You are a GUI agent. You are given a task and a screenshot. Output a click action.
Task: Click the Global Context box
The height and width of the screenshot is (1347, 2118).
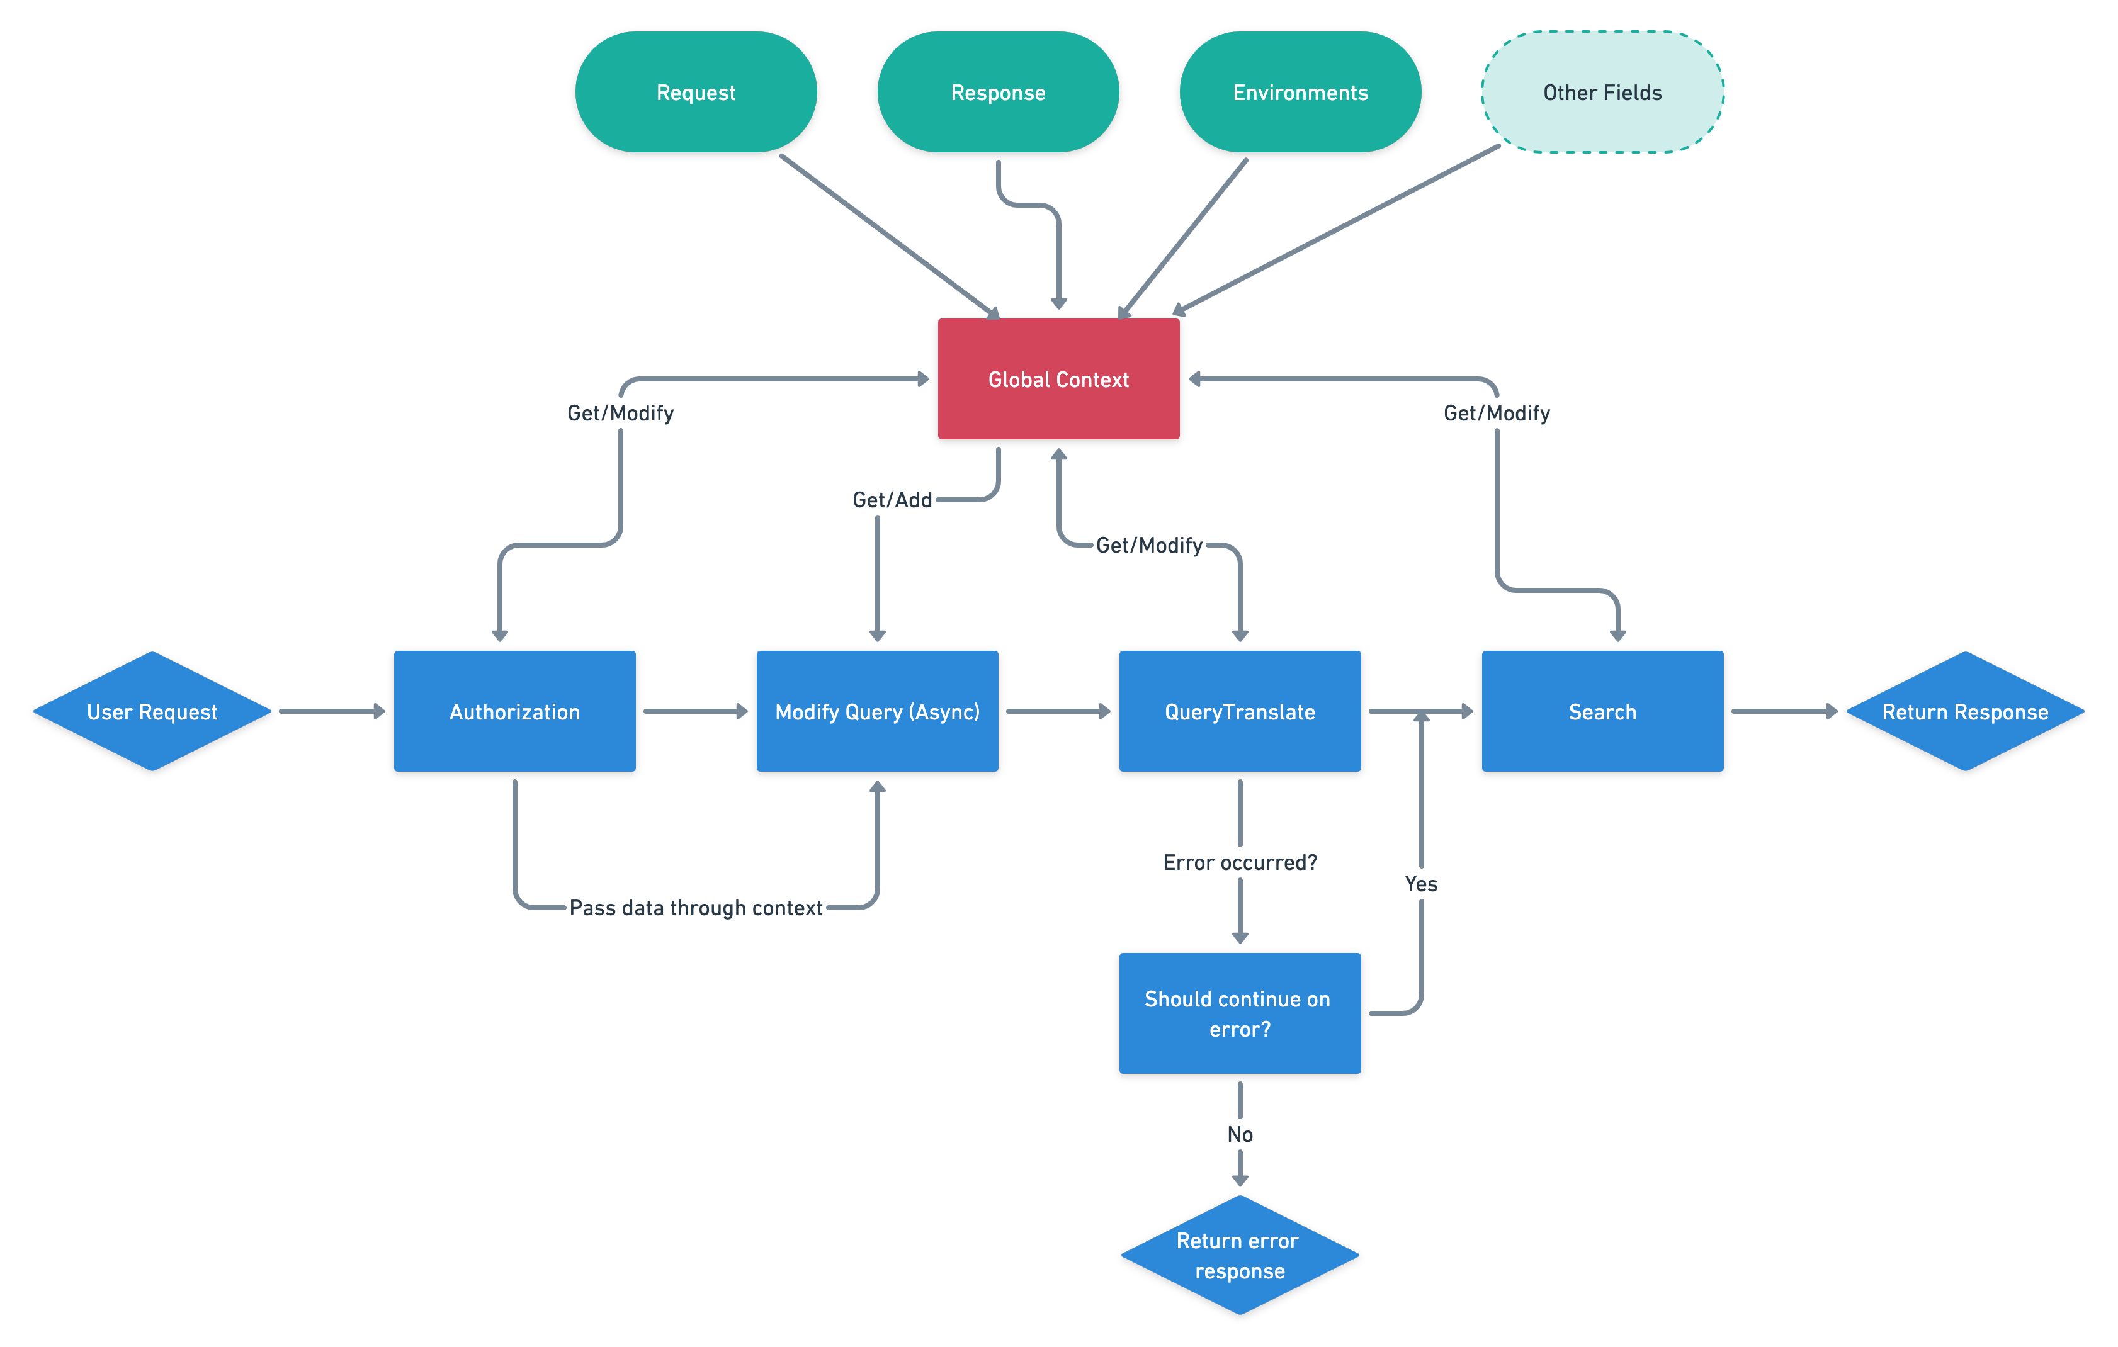coord(1058,379)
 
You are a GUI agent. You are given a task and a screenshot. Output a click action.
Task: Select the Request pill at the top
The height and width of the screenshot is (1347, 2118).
coord(696,93)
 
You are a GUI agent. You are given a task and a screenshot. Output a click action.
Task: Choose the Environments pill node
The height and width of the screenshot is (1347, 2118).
coord(1300,93)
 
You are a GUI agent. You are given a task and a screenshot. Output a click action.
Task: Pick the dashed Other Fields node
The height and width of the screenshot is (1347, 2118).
coord(1602,93)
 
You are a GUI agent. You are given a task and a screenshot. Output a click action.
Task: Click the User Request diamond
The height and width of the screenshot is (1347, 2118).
coord(152,711)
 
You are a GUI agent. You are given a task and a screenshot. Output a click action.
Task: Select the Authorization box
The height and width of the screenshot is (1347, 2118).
coord(514,711)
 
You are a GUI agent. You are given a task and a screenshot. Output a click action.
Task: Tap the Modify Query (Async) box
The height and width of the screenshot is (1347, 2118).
coord(877,711)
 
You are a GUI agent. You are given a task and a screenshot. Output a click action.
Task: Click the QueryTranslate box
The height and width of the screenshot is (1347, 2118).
coord(1239,711)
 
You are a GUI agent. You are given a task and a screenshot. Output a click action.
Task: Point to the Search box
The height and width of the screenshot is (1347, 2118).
coord(1602,711)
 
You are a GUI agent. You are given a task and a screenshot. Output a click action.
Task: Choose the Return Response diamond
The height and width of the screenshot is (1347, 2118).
coord(1965,711)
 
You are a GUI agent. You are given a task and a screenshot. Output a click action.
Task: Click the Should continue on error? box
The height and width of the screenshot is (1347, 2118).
coord(1239,1013)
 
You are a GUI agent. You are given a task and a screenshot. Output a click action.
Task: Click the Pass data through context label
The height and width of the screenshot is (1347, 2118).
coord(696,908)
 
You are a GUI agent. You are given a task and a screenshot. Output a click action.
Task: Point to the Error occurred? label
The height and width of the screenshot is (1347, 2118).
coord(1239,862)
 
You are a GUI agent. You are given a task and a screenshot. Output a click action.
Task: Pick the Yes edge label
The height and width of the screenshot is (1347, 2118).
coord(1420,884)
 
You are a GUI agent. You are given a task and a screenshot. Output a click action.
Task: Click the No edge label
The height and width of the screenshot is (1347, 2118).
coord(1239,1134)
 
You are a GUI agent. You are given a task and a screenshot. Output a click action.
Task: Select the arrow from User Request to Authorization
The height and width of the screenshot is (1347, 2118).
coord(332,711)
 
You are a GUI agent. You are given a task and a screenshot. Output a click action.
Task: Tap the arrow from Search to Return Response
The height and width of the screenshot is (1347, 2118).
coord(1784,711)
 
